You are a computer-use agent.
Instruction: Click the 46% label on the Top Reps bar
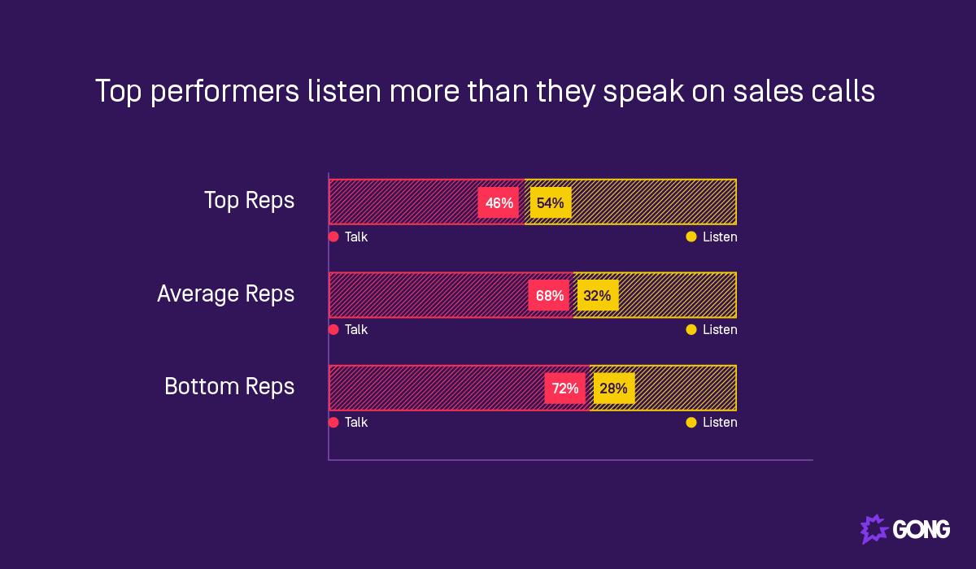[x=499, y=202]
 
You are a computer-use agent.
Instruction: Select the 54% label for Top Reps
[x=551, y=202]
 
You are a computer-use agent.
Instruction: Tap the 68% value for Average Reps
[x=549, y=295]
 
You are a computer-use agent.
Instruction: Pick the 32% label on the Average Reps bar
[x=598, y=295]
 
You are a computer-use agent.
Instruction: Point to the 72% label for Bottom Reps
[x=565, y=388]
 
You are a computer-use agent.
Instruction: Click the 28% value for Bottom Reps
[x=614, y=388]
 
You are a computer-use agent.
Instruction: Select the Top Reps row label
[x=249, y=201]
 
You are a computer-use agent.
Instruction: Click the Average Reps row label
[x=225, y=293]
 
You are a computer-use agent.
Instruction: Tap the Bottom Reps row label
[x=229, y=386]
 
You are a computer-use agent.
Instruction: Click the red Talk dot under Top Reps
[x=333, y=237]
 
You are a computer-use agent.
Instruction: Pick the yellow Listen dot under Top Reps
[x=691, y=237]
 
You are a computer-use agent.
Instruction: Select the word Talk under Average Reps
[x=356, y=329]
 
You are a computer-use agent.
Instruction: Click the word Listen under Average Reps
[x=720, y=329]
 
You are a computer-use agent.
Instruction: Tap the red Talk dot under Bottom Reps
[x=333, y=422]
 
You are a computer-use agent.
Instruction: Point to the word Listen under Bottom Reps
[x=720, y=422]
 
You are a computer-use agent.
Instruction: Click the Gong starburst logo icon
[x=874, y=529]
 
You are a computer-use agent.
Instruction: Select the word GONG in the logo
[x=922, y=530]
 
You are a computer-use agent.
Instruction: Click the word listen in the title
[x=343, y=91]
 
